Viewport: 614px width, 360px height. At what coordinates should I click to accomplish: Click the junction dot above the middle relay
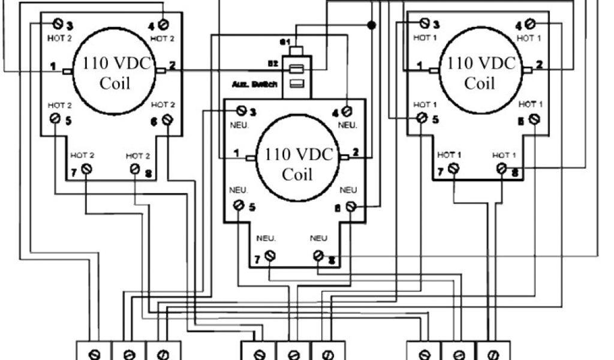(371, 25)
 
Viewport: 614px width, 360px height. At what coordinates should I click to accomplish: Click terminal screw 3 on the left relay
(58, 24)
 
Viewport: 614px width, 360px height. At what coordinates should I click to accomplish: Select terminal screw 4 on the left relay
(162, 24)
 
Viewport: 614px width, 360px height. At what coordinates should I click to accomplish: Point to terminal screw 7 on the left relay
(87, 169)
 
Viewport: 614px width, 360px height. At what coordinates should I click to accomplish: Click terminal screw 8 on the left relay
(136, 169)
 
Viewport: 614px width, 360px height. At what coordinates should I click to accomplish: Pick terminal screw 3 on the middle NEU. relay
(242, 110)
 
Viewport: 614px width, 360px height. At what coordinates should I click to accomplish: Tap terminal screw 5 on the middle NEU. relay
(239, 206)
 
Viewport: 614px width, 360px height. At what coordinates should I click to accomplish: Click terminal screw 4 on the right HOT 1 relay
(529, 24)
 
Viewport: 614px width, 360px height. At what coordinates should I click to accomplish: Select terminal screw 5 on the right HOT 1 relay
(422, 118)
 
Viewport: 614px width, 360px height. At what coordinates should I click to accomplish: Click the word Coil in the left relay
(115, 83)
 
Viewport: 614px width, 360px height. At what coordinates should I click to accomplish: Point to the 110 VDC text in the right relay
(480, 64)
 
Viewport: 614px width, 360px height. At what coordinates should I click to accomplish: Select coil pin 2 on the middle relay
(344, 157)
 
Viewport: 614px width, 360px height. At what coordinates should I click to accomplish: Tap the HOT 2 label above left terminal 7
(83, 155)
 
